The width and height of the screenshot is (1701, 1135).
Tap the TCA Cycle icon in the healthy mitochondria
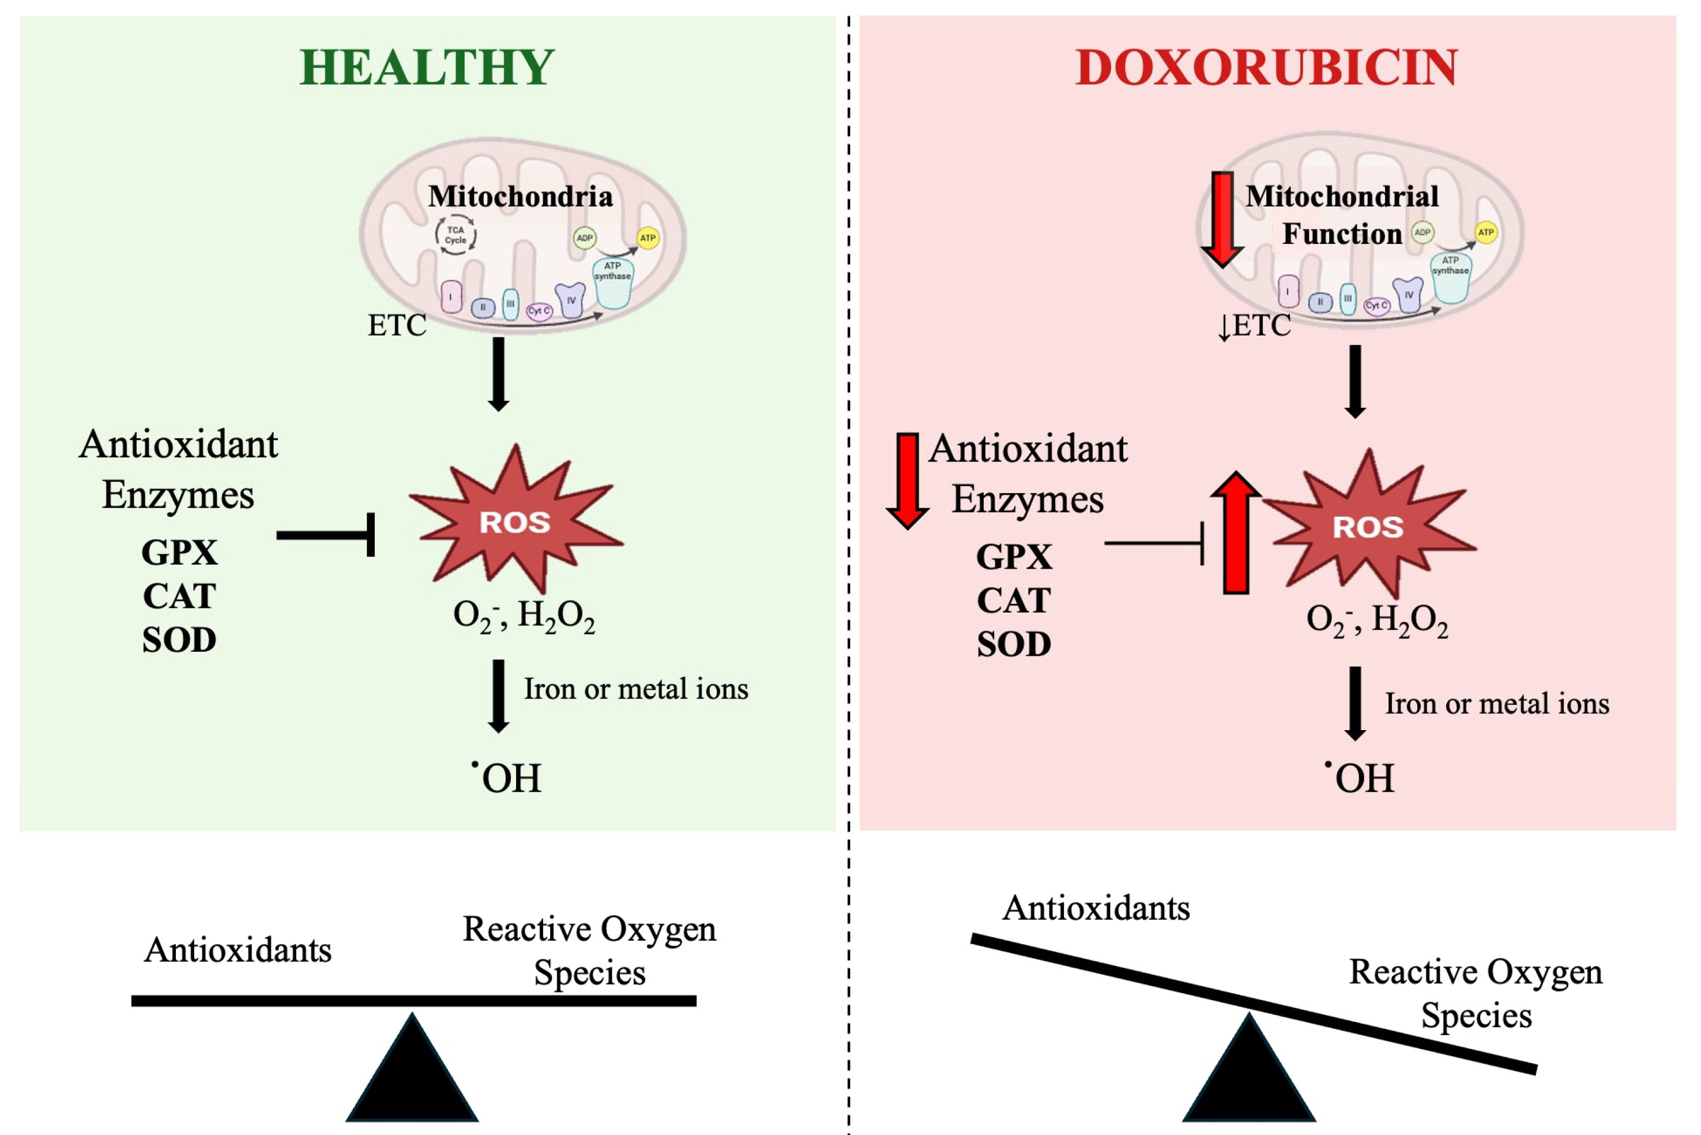(455, 235)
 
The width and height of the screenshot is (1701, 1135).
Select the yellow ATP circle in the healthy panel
(648, 238)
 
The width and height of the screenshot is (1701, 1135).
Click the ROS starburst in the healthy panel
(514, 521)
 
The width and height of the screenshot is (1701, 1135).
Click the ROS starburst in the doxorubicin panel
(1368, 526)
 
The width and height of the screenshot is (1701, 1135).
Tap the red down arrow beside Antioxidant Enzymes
(908, 480)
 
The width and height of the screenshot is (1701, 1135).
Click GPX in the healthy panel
(179, 553)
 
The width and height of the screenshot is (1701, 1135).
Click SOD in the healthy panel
(179, 641)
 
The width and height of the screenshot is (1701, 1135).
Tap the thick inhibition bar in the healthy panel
(326, 535)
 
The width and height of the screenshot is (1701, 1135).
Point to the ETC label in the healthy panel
(397, 326)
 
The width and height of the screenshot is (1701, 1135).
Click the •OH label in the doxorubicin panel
(1360, 778)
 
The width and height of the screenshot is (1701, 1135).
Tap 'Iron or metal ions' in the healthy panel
(636, 689)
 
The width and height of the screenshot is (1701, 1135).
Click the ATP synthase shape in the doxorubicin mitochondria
(1451, 279)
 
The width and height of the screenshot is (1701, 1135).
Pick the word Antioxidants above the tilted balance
(1096, 908)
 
